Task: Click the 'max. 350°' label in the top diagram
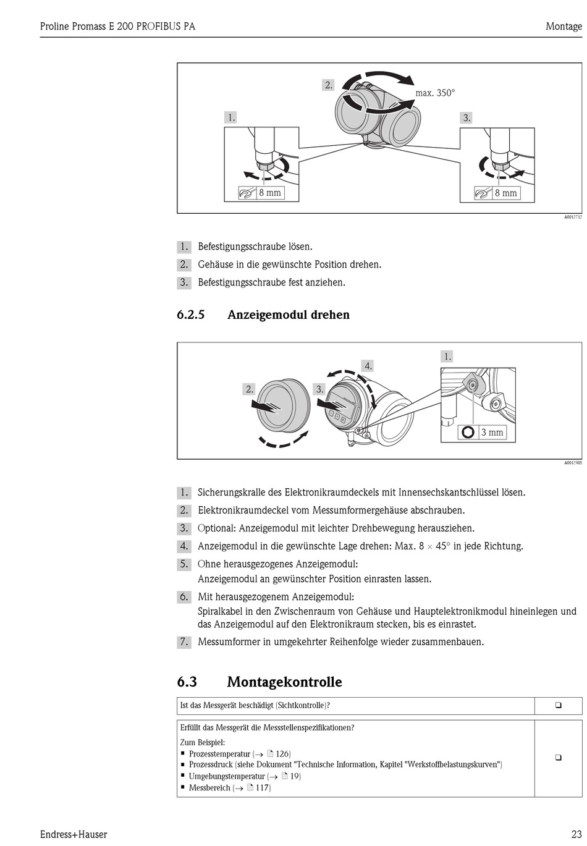(435, 93)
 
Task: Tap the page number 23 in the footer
(576, 834)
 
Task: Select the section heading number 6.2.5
(190, 315)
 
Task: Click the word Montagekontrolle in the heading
(284, 682)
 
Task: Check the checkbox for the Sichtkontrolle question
(558, 705)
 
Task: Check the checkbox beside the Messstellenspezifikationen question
(558, 758)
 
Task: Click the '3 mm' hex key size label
(492, 433)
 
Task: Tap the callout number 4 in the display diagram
(368, 366)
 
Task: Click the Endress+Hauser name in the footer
(74, 834)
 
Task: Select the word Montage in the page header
(564, 27)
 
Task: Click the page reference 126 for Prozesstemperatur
(282, 754)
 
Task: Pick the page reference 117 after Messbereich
(263, 787)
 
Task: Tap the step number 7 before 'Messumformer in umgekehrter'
(184, 642)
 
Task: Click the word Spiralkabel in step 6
(220, 611)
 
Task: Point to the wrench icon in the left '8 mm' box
(247, 193)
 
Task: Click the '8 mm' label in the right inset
(505, 193)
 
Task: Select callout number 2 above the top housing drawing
(329, 85)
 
